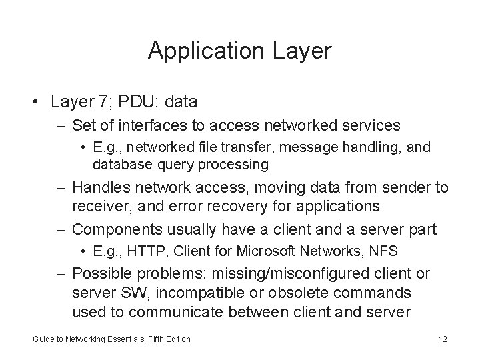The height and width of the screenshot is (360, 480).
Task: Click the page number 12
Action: click(x=443, y=339)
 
